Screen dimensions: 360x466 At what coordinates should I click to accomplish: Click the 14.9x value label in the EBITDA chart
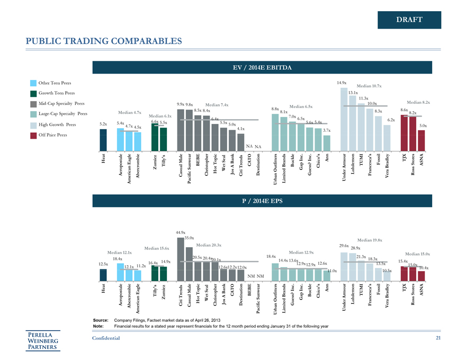(x=342, y=83)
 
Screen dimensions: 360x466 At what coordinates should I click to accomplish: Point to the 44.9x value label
(x=180, y=232)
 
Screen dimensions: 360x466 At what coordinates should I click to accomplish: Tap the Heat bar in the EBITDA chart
(x=103, y=140)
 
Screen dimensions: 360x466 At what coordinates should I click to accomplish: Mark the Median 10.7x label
(x=369, y=86)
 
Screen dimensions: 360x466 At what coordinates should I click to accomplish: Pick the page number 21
(x=438, y=338)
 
